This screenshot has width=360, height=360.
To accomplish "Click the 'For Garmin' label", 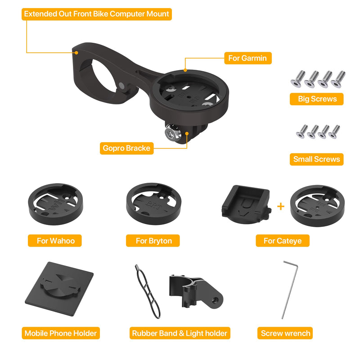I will [247, 58].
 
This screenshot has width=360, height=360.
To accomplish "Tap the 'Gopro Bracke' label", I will [126, 148].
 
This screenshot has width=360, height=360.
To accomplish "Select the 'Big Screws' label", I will [317, 99].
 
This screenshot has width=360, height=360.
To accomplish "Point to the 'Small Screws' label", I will [317, 159].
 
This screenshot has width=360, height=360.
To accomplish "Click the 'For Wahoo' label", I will [56, 241].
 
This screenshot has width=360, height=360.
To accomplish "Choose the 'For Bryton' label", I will [153, 241].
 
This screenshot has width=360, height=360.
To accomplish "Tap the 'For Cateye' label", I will [282, 241].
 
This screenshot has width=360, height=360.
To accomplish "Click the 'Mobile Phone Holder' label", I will [61, 333].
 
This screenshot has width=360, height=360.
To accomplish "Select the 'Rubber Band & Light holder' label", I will [180, 333].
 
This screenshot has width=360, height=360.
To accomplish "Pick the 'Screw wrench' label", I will [285, 333].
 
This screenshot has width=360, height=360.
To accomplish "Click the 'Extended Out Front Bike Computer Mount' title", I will [97, 14].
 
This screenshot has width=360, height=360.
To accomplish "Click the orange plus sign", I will [281, 207].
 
